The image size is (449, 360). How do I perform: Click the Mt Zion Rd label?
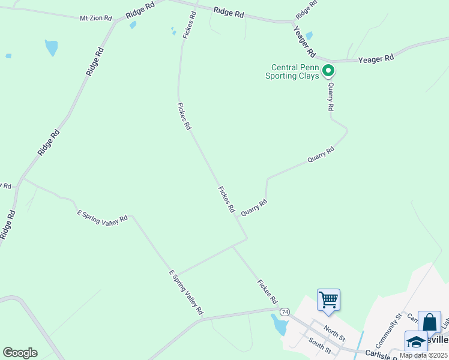(96, 19)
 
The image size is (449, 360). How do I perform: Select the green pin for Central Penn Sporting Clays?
(328, 71)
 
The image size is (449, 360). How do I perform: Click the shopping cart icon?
(328, 299)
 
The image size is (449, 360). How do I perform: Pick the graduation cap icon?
(416, 341)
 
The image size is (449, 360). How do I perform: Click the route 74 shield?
(285, 312)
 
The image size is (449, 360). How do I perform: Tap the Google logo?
(20, 353)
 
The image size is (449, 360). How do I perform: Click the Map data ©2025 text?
(423, 355)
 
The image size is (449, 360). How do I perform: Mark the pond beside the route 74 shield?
(280, 325)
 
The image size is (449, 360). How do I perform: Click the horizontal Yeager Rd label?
(376, 59)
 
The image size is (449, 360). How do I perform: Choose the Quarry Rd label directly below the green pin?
(330, 97)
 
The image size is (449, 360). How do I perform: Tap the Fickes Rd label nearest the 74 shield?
(267, 291)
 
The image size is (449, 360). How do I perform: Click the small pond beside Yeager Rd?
(309, 36)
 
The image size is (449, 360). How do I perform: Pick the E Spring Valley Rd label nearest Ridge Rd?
(103, 217)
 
